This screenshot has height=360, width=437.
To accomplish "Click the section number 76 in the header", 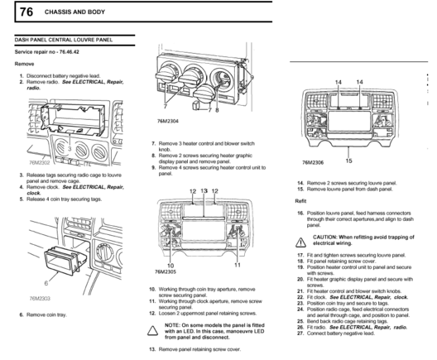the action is [x=26, y=12].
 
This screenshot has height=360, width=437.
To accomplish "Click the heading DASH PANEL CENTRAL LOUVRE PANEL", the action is [x=64, y=40].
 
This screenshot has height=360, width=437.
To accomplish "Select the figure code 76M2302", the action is [x=40, y=162].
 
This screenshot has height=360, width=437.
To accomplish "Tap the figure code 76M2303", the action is [x=40, y=299].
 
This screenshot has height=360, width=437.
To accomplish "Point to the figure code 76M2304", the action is [x=168, y=121].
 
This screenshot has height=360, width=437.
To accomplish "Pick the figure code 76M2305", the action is [x=166, y=271].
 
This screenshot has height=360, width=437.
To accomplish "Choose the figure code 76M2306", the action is [x=313, y=162].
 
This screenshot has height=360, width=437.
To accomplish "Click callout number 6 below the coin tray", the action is [x=46, y=283].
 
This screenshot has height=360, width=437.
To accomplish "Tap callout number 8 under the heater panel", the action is [x=217, y=110].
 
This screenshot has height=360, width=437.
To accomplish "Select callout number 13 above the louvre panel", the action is [x=204, y=191].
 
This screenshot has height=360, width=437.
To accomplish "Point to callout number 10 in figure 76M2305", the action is [x=170, y=266].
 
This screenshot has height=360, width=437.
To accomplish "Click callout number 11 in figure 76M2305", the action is [x=238, y=265].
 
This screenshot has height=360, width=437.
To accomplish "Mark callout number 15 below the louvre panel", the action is [x=348, y=161].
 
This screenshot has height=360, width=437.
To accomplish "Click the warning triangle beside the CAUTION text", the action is [x=300, y=242].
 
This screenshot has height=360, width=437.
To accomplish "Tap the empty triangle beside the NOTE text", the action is [x=153, y=330].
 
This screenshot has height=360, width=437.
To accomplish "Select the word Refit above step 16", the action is [x=300, y=201].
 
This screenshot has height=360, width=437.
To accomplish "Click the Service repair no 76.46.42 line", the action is [x=47, y=52].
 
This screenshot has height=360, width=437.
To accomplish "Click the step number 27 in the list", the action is [x=300, y=334].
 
